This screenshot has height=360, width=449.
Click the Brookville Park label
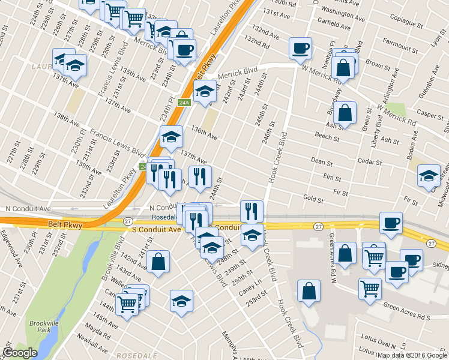click(x=40, y=326)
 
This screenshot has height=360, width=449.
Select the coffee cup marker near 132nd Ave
click(x=300, y=49)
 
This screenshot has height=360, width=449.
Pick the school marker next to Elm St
click(x=429, y=175)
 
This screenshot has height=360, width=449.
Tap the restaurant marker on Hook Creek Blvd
click(x=252, y=211)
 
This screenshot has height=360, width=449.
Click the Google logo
click(x=20, y=353)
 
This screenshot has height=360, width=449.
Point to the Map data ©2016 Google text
click(x=412, y=355)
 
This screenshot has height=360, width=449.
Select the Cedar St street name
click(x=370, y=162)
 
